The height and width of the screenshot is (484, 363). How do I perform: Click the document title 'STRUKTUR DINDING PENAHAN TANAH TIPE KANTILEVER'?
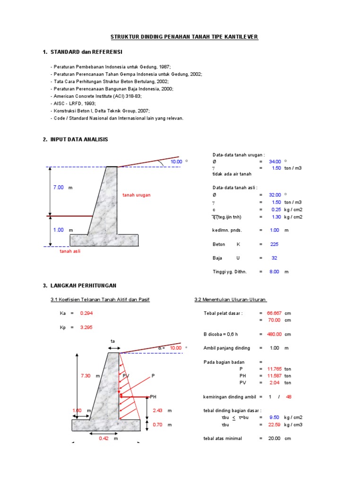coord(184,36)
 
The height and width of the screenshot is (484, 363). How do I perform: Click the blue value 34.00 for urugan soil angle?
coord(275,162)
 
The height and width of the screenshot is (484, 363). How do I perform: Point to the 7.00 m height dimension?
coord(58,188)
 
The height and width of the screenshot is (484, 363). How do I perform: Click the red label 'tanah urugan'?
coord(137,195)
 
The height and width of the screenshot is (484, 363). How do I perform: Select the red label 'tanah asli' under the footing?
coord(70,251)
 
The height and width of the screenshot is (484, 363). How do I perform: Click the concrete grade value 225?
coord(274,244)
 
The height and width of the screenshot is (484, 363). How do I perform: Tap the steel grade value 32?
coord(274,258)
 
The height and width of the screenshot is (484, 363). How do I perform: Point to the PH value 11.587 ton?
coord(274,376)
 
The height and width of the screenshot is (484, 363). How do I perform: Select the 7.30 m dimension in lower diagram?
coord(85,376)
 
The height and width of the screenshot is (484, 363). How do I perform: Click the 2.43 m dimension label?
coord(157,411)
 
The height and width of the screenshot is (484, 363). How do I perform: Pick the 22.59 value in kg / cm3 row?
coord(275,424)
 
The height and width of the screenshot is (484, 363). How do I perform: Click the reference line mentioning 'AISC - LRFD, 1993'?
coord(75,103)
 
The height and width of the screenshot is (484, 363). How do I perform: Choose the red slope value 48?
coord(289,397)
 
